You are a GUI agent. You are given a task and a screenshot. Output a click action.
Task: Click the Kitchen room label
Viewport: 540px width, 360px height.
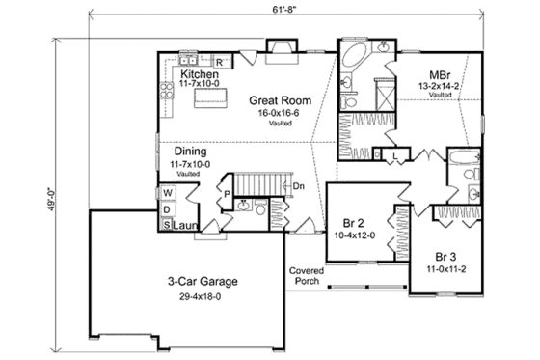(200, 74)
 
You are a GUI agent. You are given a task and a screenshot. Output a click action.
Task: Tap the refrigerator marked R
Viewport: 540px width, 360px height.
(219, 63)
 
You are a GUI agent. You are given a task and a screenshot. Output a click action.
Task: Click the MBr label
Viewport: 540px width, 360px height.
(443, 74)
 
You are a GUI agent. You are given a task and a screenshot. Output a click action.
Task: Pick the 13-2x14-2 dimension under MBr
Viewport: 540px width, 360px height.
(443, 86)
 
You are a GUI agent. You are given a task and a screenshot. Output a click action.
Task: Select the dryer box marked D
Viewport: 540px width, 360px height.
(167, 209)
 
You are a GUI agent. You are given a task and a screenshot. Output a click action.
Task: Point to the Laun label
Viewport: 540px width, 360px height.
(188, 225)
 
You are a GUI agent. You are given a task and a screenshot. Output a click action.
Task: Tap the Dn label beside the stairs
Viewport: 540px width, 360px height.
(300, 186)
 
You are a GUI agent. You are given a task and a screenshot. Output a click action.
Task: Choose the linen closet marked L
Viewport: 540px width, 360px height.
(396, 155)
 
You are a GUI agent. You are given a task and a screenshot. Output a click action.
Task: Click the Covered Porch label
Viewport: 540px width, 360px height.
(306, 277)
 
